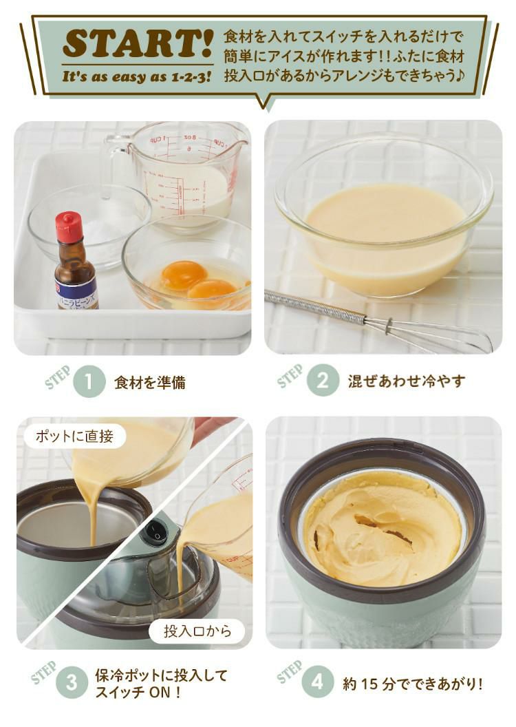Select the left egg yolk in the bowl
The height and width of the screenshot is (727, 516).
tap(184, 275)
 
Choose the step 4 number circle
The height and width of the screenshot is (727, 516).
tap(317, 683)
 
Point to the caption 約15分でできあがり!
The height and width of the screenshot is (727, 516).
tap(413, 684)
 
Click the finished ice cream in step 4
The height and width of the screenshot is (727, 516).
tap(382, 530)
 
